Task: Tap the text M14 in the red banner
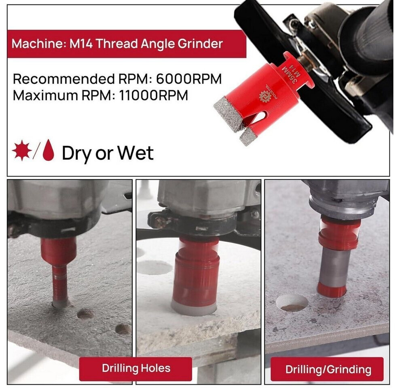coord(81,44)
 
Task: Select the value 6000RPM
coord(189,79)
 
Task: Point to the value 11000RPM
coord(153,95)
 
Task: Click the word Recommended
coord(64,79)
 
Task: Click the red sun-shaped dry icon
coord(22,150)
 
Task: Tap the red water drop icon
coord(49,150)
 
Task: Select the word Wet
coord(135,153)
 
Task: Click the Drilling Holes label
coord(135,368)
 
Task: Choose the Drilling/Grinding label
coord(327,369)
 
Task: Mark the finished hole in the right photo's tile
coord(292,303)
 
